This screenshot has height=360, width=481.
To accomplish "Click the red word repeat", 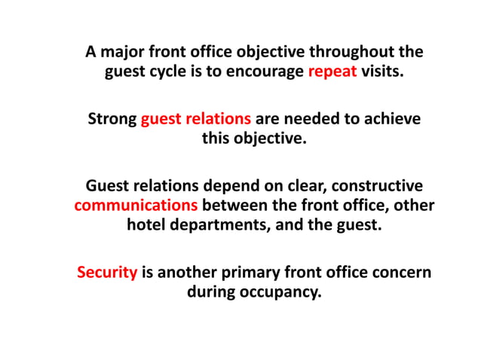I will [x=331, y=74].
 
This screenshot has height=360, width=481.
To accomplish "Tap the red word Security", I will [x=107, y=272].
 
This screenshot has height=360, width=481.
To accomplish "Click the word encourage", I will [x=265, y=74].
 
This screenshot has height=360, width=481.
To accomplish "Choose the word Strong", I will [x=112, y=119].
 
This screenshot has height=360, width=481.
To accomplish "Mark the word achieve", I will [x=394, y=119].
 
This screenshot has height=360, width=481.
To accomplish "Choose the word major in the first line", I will [x=124, y=53].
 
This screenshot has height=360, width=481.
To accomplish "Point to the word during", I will [x=211, y=291].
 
